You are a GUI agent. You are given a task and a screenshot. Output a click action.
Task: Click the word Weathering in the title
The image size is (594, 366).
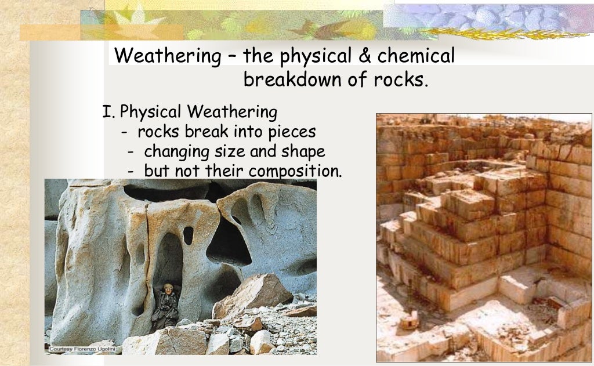(164, 57)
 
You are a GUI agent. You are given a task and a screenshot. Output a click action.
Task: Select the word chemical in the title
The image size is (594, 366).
(416, 57)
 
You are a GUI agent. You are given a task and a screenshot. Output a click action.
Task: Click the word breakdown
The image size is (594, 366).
(293, 79)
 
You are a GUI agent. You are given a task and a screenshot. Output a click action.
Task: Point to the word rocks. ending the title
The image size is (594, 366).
(400, 79)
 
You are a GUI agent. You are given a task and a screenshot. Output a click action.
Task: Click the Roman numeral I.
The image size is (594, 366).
(106, 111)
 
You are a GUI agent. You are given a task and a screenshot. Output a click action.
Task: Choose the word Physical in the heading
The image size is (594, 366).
(150, 112)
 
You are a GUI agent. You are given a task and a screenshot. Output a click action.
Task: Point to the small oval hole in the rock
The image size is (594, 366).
(188, 235)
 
